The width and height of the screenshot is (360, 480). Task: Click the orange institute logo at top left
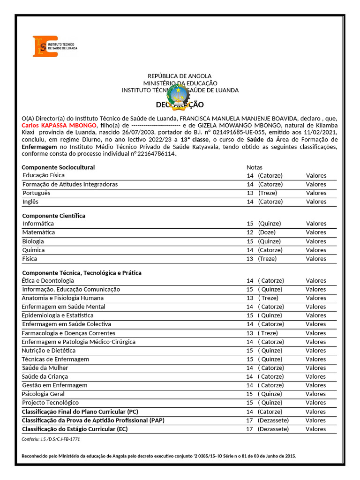click(45, 46)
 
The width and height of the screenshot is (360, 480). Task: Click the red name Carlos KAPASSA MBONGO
click(59, 126)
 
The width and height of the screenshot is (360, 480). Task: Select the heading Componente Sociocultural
click(58, 167)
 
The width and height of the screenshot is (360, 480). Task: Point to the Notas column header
click(255, 167)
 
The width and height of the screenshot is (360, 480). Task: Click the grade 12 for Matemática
click(250, 232)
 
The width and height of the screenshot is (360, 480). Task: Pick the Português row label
click(36, 193)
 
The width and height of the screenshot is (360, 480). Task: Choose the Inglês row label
click(30, 202)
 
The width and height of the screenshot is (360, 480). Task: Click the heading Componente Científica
click(54, 216)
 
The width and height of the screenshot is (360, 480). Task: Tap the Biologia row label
click(33, 241)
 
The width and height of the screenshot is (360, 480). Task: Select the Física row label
click(30, 259)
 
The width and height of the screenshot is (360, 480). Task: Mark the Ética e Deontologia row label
click(48, 281)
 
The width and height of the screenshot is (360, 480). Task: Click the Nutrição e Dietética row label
click(49, 351)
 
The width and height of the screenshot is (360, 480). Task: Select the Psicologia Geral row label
click(43, 394)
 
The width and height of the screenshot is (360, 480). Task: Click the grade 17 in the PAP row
click(250, 420)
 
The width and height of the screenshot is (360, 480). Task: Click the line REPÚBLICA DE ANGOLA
click(180, 76)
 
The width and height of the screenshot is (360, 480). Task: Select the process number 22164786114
click(158, 154)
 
